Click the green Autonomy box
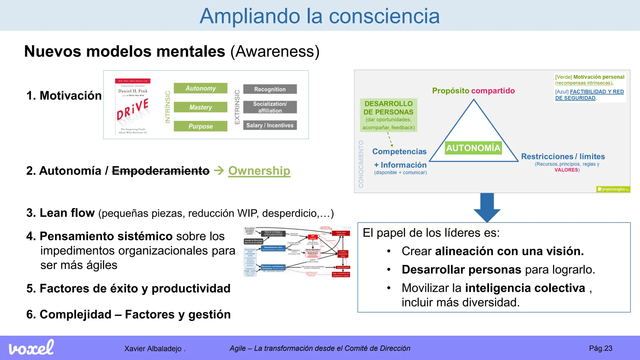pos(200,88)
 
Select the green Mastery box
pos(200,107)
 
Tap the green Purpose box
pos(200,126)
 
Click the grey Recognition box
pos(270,89)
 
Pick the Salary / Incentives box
pos(270,125)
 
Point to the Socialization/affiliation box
pos(270,107)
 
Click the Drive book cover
pos(133,107)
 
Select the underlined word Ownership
pos(259,171)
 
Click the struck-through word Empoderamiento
pos(161,171)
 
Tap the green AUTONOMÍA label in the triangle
pos(473,148)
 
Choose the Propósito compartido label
pos(473,91)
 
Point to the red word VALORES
pos(566,170)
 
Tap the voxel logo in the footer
pos(31,347)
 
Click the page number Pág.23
pos(600,348)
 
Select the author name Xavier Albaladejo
pos(153,349)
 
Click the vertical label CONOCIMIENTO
pos(361,164)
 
